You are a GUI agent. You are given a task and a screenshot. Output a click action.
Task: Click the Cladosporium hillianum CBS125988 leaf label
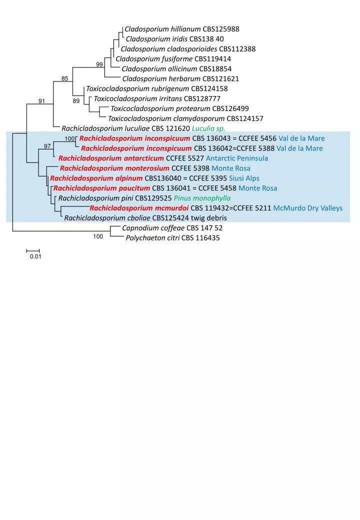182,29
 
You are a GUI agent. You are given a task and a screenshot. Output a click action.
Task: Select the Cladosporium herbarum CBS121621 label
180,79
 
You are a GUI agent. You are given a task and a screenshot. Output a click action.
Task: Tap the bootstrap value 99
99,64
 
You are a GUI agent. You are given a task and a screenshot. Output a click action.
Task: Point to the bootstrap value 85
65,78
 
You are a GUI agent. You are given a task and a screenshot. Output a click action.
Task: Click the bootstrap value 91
42,101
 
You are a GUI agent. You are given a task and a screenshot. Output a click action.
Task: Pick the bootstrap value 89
76,101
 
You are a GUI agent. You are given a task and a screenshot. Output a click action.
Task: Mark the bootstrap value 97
47,146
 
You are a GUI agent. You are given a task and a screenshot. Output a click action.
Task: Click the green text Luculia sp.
208,128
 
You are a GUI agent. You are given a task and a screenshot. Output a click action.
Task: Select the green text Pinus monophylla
202,198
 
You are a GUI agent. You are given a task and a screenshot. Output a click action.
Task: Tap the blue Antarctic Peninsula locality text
237,158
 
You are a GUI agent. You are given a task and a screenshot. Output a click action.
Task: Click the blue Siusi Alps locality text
244,178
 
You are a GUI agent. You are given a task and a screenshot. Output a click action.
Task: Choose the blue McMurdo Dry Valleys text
308,208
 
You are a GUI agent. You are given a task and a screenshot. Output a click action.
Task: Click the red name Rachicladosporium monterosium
114,168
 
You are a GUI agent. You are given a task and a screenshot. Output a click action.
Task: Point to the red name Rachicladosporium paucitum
102,188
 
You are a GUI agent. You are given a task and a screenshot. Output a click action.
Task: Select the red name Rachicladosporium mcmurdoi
139,208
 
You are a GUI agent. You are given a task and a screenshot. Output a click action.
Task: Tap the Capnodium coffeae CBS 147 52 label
172,228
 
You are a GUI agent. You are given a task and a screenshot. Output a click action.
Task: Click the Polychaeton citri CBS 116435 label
172,238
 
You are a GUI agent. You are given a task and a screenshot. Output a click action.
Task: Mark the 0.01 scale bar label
35,256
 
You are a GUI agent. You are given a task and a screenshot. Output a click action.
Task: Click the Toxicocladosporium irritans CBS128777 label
157,99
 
